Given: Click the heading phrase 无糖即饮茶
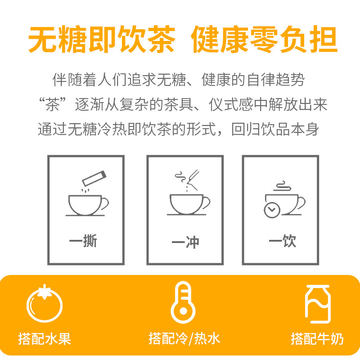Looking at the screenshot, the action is pyautogui.click(x=102, y=39).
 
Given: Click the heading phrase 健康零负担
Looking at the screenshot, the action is pyautogui.click(x=264, y=39).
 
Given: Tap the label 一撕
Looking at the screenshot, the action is pyautogui.click(x=83, y=241).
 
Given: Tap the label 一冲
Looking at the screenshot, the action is pyautogui.click(x=185, y=242).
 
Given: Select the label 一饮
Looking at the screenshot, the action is pyautogui.click(x=283, y=241).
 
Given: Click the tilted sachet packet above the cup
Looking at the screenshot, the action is pyautogui.click(x=94, y=178).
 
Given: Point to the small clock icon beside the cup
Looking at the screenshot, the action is pyautogui.click(x=272, y=210).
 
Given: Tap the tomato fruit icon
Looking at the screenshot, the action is pyautogui.click(x=45, y=303).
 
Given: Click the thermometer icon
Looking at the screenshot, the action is pyautogui.click(x=183, y=302).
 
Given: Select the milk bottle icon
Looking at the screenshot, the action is pyautogui.click(x=318, y=304).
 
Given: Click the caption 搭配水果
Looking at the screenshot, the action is pyautogui.click(x=45, y=339).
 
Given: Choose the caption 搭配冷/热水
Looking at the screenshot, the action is pyautogui.click(x=184, y=339).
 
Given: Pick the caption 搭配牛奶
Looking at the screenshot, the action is pyautogui.click(x=317, y=339).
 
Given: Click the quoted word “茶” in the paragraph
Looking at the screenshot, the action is pyautogui.click(x=53, y=104).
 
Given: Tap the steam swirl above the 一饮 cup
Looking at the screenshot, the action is pyautogui.click(x=283, y=186).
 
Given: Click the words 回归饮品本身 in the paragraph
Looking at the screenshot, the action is pyautogui.click(x=275, y=129).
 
